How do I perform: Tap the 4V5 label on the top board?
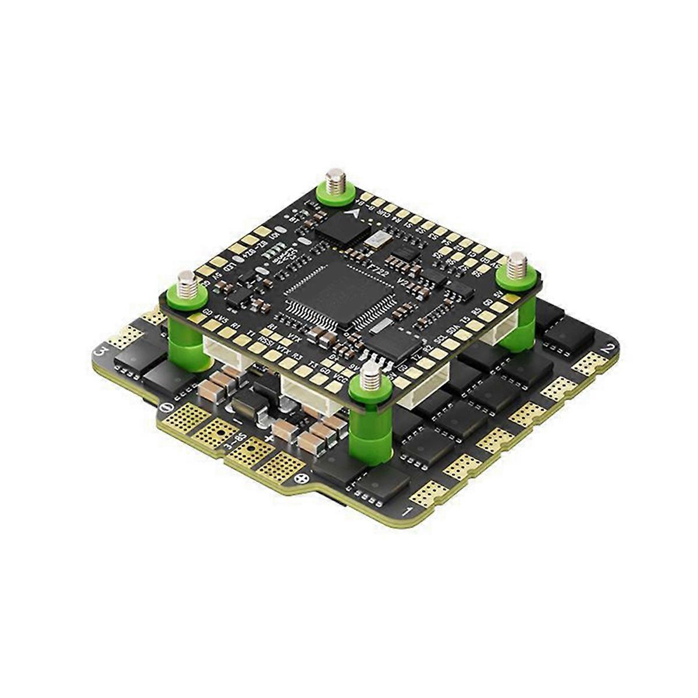[x=221, y=319]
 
